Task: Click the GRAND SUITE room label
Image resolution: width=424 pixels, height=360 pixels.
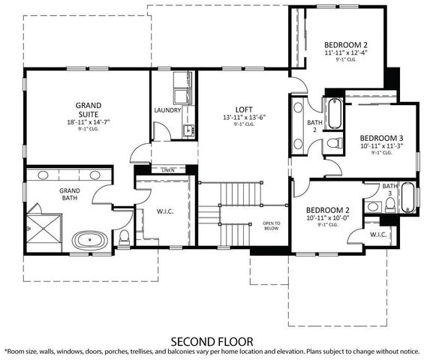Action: pos(89,110)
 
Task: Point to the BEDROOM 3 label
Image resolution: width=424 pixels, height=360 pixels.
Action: pos(381,138)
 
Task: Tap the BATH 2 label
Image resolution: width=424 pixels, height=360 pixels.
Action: pos(314,125)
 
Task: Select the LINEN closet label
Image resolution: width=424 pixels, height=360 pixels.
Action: pos(168,170)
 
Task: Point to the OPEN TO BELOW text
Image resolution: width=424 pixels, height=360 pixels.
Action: pos(271,226)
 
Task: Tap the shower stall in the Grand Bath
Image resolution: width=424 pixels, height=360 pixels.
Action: pos(43,226)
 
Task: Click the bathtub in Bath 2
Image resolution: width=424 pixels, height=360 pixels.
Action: pos(333,115)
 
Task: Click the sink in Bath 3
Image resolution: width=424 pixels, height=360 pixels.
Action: pos(372,206)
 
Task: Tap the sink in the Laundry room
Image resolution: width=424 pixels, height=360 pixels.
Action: pos(188,130)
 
